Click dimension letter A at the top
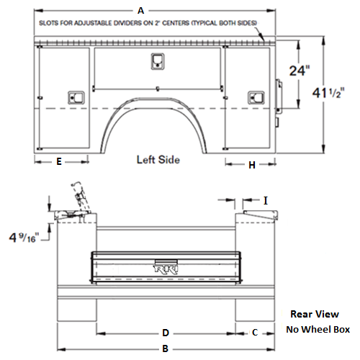coord(141,11)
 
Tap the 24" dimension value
coord(300,71)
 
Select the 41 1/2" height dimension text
coord(328,93)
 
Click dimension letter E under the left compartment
coord(59,161)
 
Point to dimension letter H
coord(252,165)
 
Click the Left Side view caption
coord(158,160)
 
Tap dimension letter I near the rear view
coord(266,200)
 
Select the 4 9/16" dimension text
coord(22,238)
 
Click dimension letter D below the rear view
coord(166,333)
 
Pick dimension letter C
coord(255,333)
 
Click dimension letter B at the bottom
coord(166,348)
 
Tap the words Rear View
coord(315,314)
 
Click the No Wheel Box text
coord(318,329)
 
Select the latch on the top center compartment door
coord(158,61)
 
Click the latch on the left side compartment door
coord(76,97)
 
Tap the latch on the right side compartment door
coord(256,98)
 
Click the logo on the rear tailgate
coord(166,269)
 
